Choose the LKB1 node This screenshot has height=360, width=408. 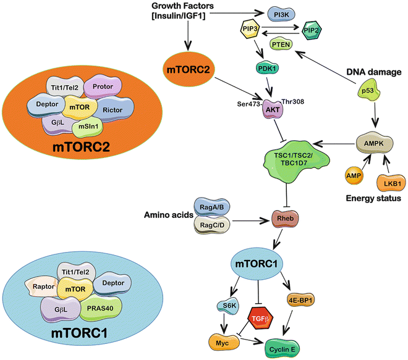tap(389, 182)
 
